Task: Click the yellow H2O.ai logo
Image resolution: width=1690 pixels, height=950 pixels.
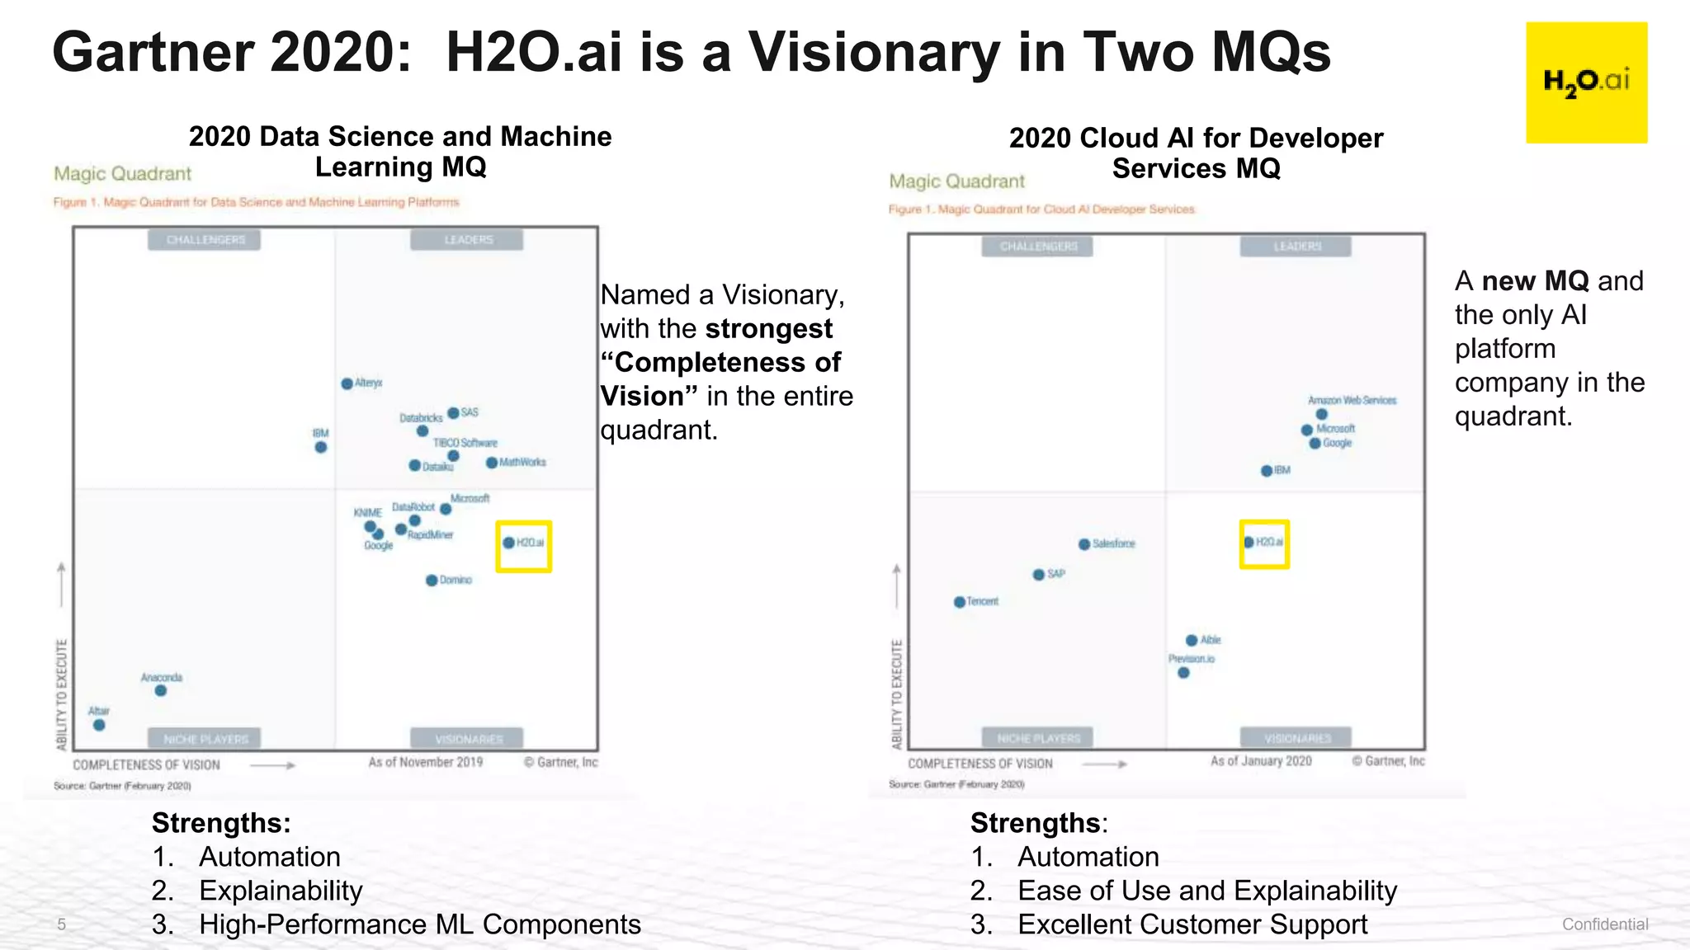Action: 1586,82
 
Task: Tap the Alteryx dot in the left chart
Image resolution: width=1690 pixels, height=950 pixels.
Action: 347,383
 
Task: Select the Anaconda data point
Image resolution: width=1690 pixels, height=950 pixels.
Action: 161,690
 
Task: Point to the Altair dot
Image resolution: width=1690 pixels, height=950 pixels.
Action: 99,725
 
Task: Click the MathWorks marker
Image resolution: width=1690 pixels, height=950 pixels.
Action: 492,463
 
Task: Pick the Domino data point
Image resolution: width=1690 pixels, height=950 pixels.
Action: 432,581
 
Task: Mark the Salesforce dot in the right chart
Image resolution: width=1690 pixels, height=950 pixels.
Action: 1084,544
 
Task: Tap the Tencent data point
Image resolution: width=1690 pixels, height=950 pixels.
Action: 960,602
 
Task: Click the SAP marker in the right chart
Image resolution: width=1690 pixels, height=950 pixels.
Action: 1039,575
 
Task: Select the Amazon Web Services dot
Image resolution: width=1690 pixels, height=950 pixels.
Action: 1322,414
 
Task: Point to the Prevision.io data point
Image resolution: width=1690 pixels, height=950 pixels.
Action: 1184,673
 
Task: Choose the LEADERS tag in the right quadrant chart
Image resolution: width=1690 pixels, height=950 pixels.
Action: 1296,247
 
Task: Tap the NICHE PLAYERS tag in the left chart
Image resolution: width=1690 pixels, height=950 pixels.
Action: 205,738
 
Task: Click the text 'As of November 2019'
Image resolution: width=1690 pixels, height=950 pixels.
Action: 425,762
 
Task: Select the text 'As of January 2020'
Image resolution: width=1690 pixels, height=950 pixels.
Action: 1261,760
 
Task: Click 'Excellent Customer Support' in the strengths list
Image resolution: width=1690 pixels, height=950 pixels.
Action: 1192,924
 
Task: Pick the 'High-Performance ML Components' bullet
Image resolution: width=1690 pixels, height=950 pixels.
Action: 419,924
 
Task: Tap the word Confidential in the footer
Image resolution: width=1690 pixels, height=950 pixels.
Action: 1604,924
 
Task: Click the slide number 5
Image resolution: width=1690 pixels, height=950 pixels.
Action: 61,924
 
